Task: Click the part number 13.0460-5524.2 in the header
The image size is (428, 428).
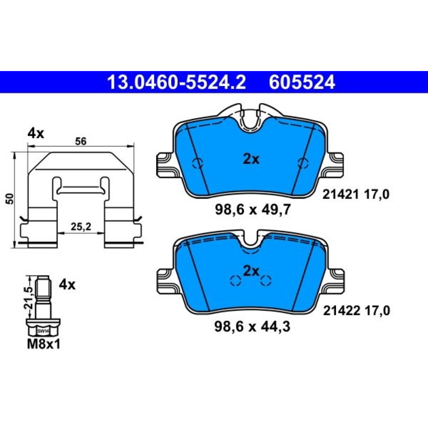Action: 177,82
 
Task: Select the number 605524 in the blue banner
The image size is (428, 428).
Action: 302,82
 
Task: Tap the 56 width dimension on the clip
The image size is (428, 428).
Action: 81,141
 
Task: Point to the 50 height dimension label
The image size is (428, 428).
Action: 10,199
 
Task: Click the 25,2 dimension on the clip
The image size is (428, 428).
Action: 81,226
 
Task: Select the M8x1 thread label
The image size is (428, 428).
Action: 44,344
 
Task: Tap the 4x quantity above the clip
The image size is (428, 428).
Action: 36,134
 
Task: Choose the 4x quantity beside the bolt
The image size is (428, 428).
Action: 67,285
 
